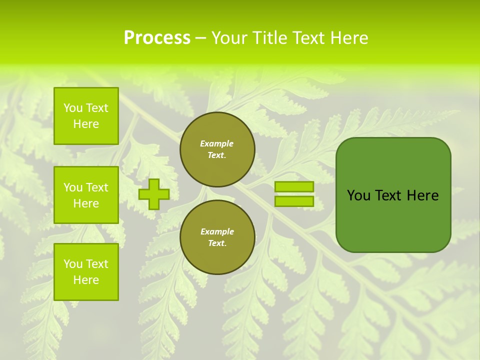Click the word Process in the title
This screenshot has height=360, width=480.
pyautogui.click(x=157, y=38)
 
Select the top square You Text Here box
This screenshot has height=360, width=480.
pyautogui.click(x=86, y=116)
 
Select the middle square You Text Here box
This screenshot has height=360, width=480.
pyautogui.click(x=86, y=195)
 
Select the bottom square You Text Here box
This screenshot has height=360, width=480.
pyautogui.click(x=86, y=271)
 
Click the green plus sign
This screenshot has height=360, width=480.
pyautogui.click(x=154, y=194)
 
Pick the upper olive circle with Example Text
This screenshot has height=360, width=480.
pyautogui.click(x=217, y=149)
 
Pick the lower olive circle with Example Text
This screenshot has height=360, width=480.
pyautogui.click(x=217, y=237)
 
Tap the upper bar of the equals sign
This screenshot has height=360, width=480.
pyautogui.click(x=294, y=186)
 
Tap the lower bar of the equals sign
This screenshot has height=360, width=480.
pyautogui.click(x=294, y=201)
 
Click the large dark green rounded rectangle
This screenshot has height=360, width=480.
pyautogui.click(x=393, y=220)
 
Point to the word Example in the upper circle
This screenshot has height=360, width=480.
pyautogui.click(x=216, y=143)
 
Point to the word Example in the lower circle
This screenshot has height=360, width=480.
pyautogui.click(x=217, y=231)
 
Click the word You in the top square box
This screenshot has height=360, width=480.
pyautogui.click(x=73, y=108)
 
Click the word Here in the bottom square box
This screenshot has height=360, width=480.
pyautogui.click(x=86, y=280)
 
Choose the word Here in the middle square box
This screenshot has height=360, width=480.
pyautogui.click(x=86, y=203)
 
